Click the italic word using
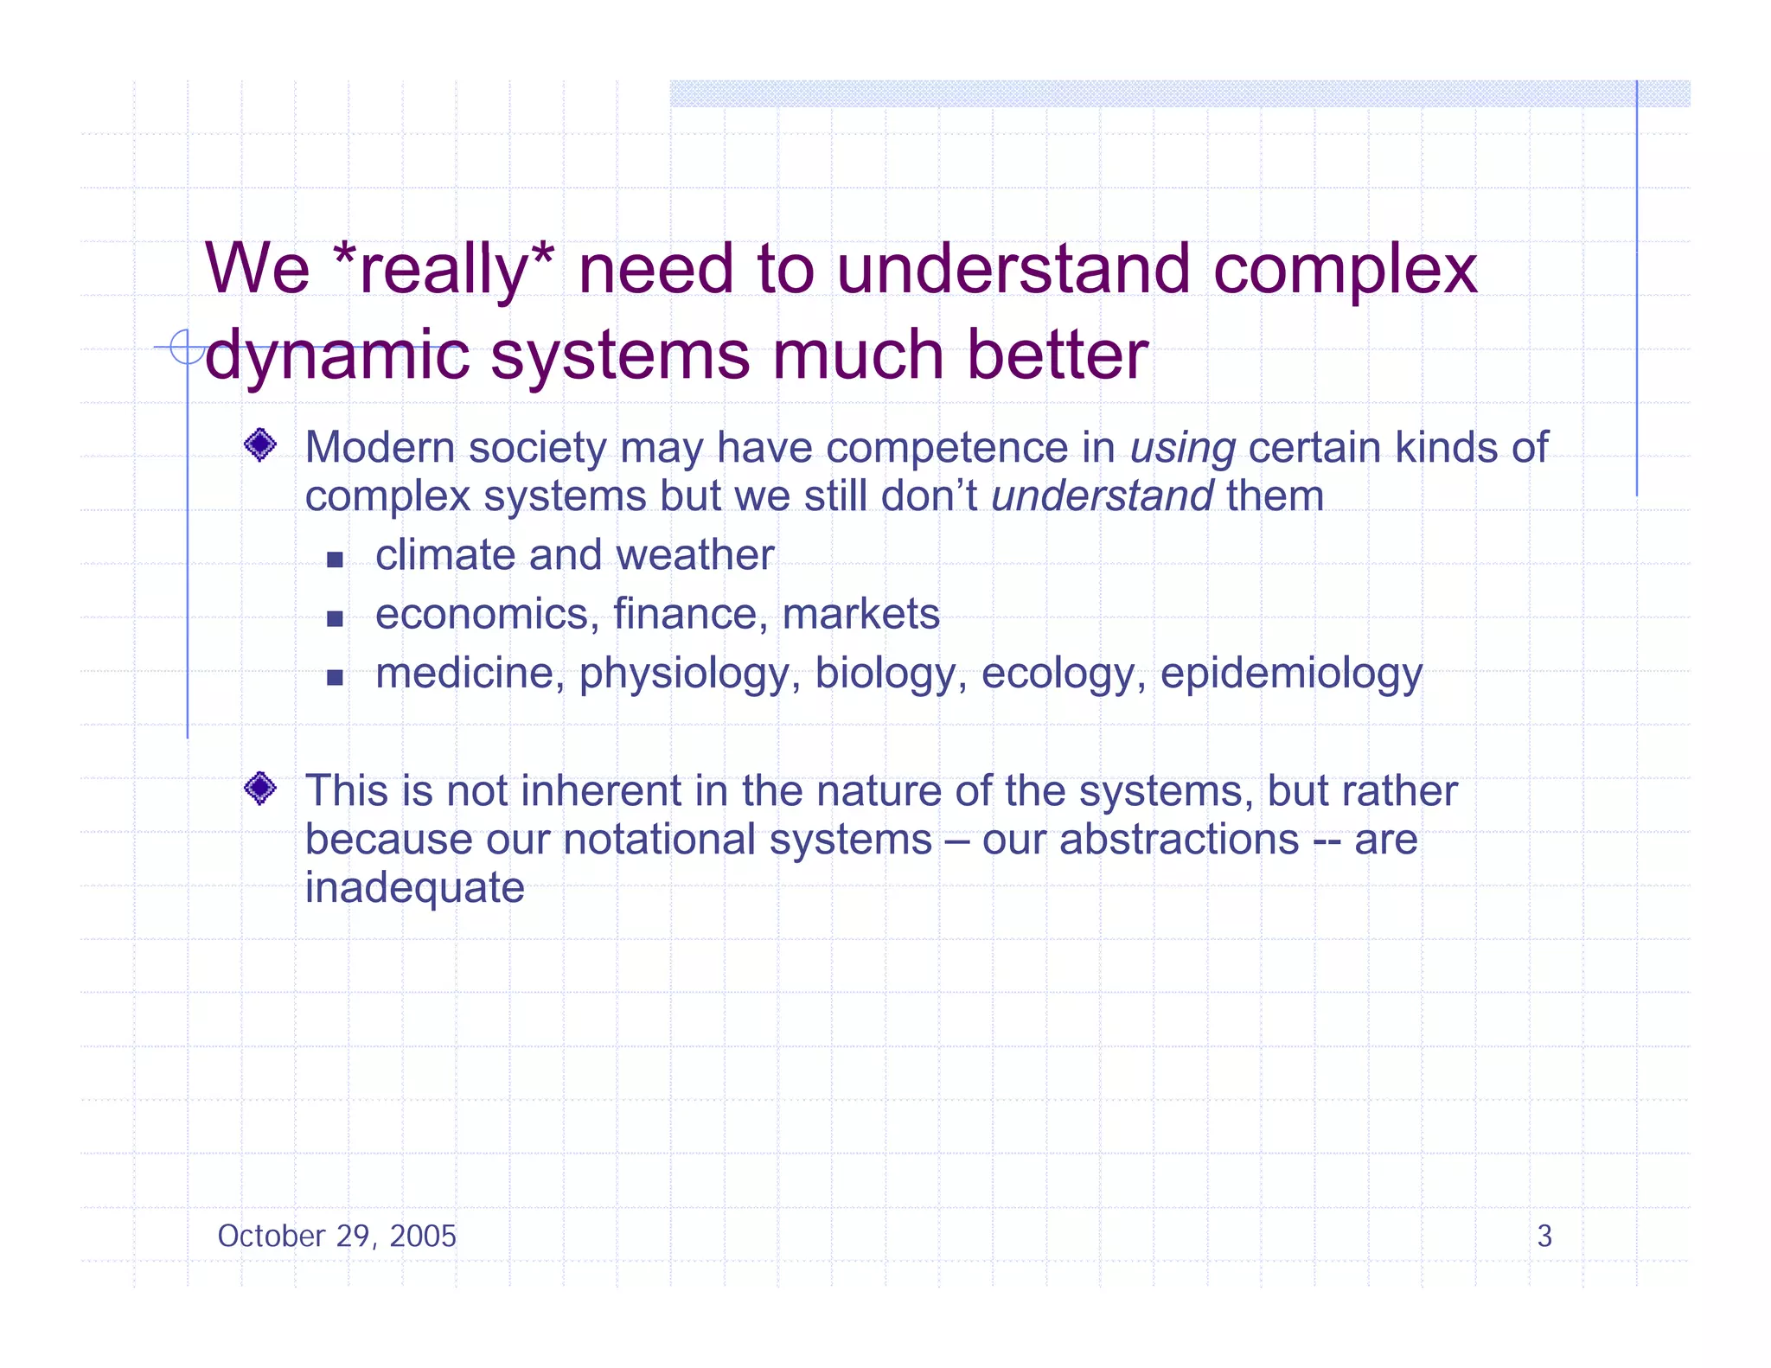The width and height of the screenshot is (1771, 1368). pyautogui.click(x=1182, y=449)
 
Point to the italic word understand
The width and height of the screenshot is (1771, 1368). pyautogui.click(x=1103, y=497)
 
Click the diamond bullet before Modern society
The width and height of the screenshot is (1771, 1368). pyautogui.click(x=260, y=445)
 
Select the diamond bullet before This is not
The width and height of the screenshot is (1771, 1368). pyautogui.click(x=260, y=788)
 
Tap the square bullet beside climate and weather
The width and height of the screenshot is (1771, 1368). pyautogui.click(x=336, y=559)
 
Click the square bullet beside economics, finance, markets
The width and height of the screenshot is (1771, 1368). pyautogui.click(x=336, y=618)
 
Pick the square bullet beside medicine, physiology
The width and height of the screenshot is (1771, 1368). pyautogui.click(x=336, y=677)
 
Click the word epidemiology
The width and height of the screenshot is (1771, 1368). pyautogui.click(x=1290, y=674)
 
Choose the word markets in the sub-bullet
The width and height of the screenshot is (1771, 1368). pyautogui.click(x=860, y=615)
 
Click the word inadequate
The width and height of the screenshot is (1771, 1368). pyautogui.click(x=415, y=888)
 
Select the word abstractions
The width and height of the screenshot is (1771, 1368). pyautogui.click(x=1179, y=840)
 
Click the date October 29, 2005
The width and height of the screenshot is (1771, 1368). pyautogui.click(x=336, y=1237)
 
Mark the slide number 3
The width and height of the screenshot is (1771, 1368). pyautogui.click(x=1544, y=1237)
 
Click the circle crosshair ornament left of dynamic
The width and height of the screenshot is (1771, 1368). pyautogui.click(x=186, y=348)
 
